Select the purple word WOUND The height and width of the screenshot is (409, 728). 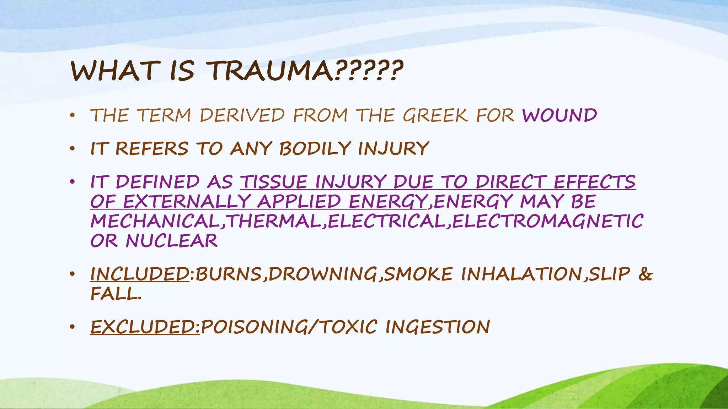click(560, 116)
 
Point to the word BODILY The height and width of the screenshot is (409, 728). click(315, 148)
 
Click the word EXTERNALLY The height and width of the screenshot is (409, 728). click(187, 202)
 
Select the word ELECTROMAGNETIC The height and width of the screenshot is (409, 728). click(547, 221)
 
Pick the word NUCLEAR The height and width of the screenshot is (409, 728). click(171, 241)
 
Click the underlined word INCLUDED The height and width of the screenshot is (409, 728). click(140, 274)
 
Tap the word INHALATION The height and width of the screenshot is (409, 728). click(521, 274)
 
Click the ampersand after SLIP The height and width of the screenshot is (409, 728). click(645, 274)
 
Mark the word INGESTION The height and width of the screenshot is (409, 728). click(438, 327)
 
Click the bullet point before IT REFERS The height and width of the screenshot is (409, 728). click(73, 149)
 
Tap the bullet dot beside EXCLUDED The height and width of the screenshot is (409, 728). click(73, 327)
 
